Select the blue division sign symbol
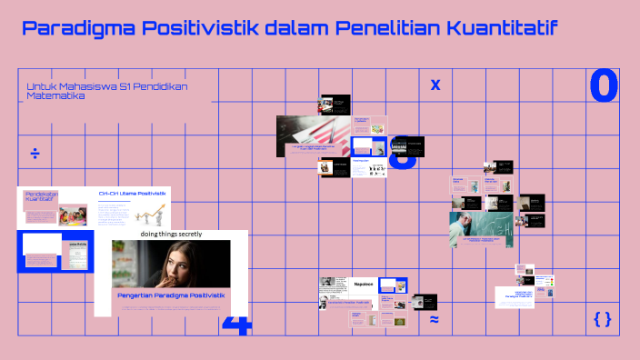click(35, 153)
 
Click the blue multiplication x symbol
click(435, 85)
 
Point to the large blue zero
click(604, 86)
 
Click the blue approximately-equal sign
click(435, 319)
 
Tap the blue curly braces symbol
click(602, 319)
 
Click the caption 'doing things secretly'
click(171, 234)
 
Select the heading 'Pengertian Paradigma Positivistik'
click(171, 295)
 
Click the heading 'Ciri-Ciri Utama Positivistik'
click(133, 194)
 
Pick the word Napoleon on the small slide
click(365, 284)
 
